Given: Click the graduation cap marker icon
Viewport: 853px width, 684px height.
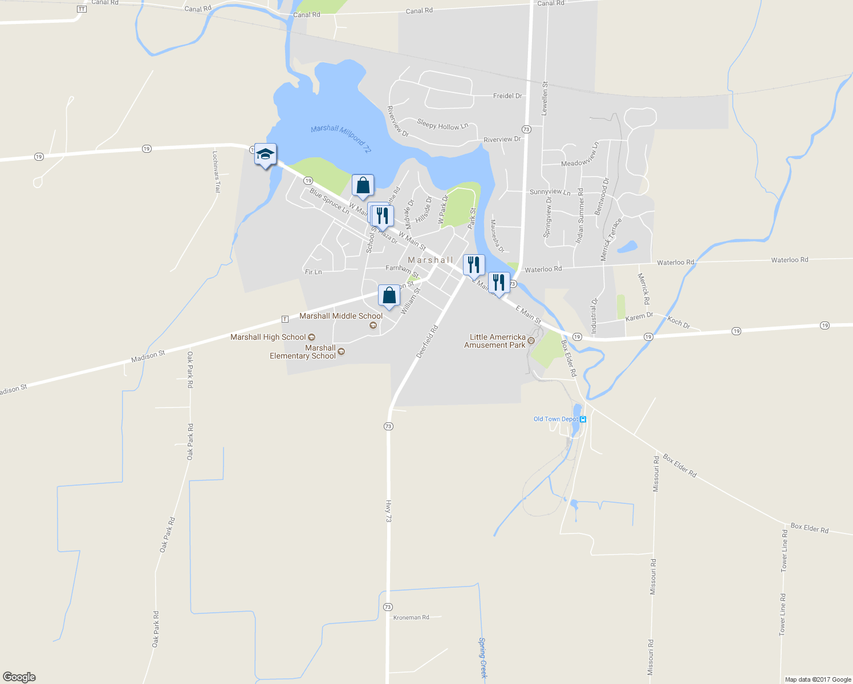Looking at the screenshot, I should click(x=265, y=154).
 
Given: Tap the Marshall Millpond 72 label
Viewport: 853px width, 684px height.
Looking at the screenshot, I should click(x=341, y=139).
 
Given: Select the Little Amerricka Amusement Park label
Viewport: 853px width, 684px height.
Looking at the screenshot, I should click(x=495, y=341).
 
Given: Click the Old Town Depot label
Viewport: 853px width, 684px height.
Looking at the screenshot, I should click(x=556, y=419).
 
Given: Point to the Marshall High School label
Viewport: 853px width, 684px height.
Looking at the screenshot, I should click(x=268, y=337).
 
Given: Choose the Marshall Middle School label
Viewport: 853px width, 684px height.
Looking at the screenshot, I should click(x=341, y=316).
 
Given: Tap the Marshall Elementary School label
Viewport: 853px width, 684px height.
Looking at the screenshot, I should click(x=303, y=352).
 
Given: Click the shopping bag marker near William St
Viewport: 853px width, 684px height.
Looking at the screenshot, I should click(x=389, y=296).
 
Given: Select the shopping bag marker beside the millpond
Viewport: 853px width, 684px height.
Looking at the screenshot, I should click(x=363, y=185).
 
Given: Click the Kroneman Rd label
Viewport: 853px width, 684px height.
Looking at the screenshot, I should click(x=411, y=617).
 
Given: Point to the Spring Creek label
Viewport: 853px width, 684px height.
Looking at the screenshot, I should click(x=483, y=657).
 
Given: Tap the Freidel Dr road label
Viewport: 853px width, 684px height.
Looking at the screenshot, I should click(x=507, y=96).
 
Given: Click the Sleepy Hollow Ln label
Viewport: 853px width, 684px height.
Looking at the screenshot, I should click(x=442, y=124).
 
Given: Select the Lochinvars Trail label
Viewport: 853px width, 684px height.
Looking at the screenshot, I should click(x=216, y=172).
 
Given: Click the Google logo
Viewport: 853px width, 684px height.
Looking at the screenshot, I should click(x=19, y=677).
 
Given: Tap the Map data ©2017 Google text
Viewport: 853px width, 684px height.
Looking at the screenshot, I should click(x=818, y=679).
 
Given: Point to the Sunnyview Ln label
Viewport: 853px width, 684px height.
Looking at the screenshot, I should click(x=550, y=192).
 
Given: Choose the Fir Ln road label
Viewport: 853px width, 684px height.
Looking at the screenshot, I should click(x=314, y=272).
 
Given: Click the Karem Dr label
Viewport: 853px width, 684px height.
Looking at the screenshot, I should click(x=639, y=317).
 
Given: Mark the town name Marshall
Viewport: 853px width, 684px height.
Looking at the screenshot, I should click(x=430, y=260).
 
